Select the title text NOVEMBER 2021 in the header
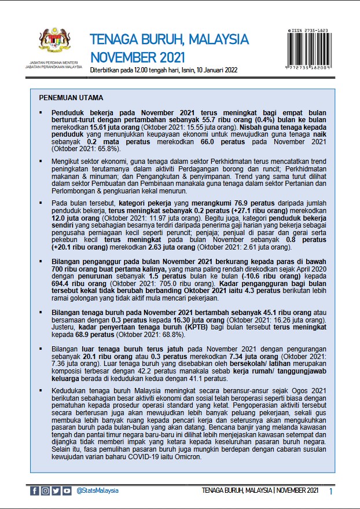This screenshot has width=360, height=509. [138, 57]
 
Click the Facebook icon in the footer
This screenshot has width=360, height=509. [35, 490]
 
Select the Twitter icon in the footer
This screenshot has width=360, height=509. [56, 490]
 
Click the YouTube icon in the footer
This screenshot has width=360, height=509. [67, 490]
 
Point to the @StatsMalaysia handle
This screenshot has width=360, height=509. [97, 490]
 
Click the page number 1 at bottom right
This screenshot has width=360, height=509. [330, 491]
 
